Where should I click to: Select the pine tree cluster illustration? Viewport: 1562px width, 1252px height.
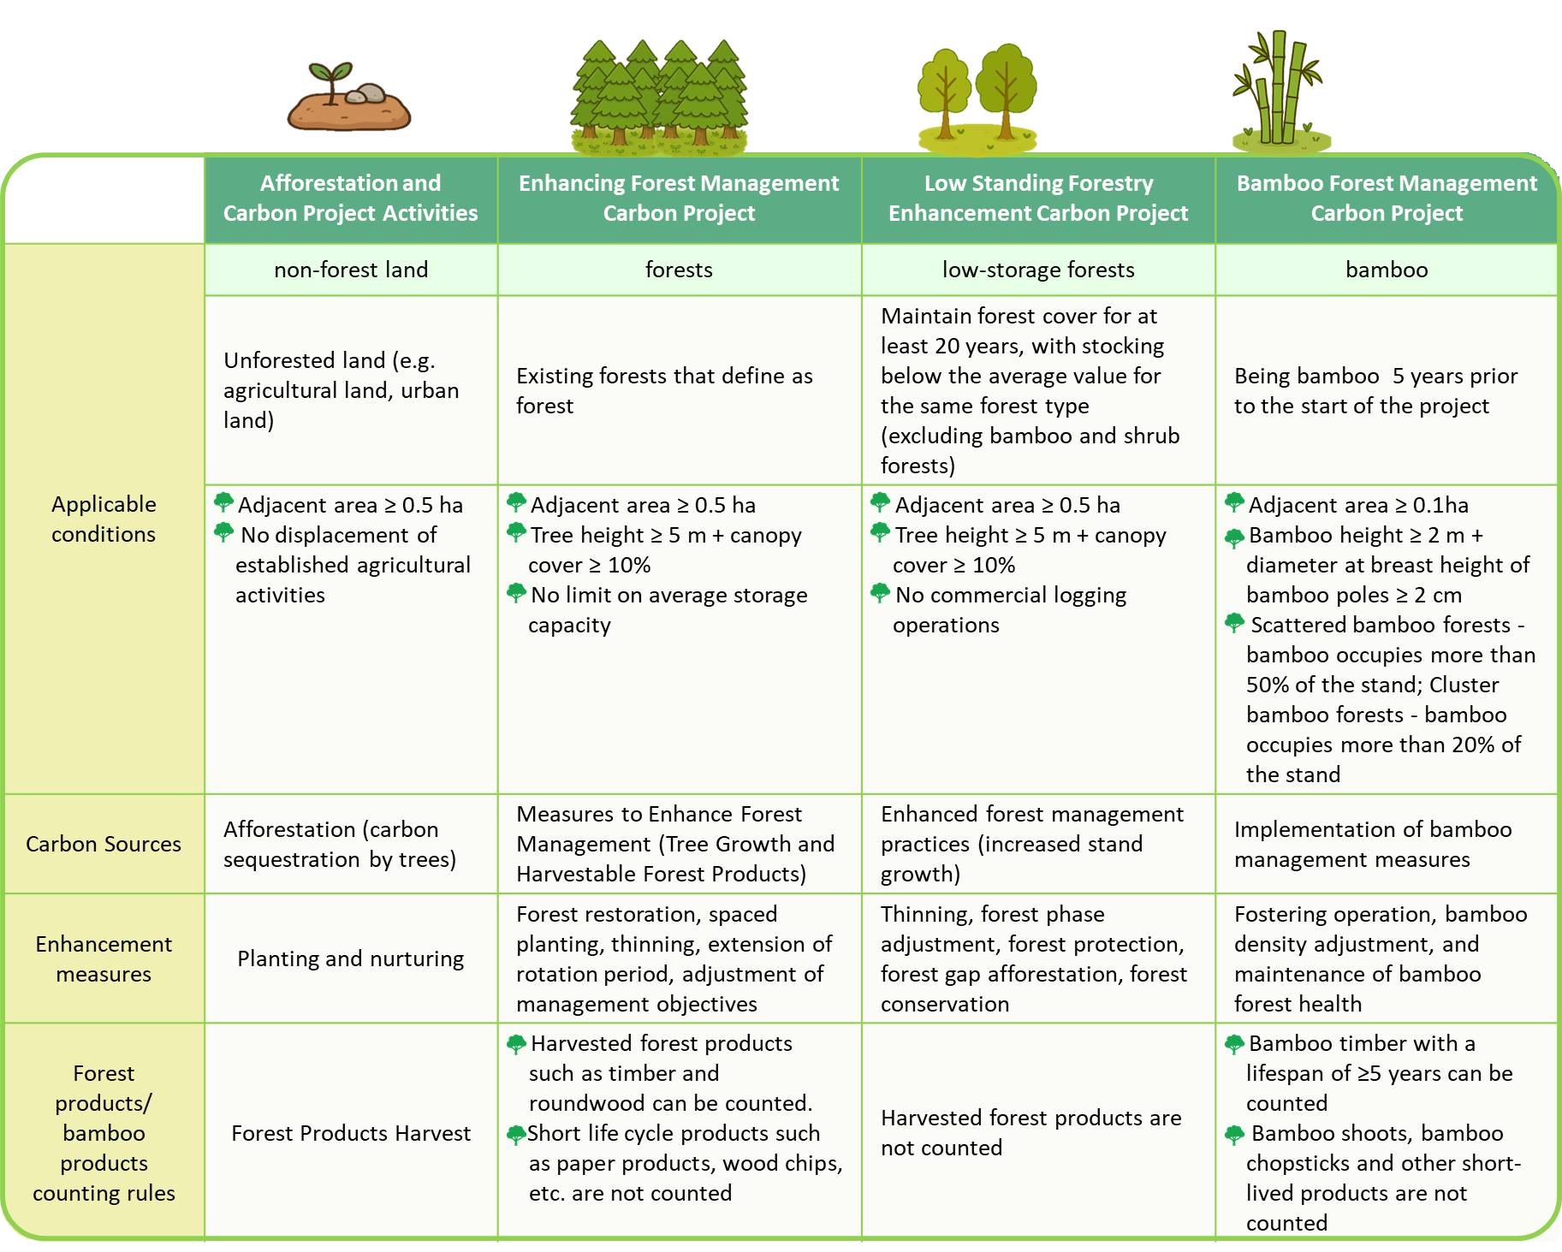659,94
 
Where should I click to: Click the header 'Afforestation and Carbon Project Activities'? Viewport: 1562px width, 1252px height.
351,199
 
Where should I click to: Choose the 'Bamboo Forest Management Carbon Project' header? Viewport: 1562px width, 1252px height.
1387,199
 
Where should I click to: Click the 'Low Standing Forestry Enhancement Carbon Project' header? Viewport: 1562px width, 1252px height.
1038,199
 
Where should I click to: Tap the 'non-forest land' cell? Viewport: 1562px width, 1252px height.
351,270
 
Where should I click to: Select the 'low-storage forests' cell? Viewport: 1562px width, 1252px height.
1038,270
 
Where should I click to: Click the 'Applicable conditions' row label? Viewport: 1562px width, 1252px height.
104,519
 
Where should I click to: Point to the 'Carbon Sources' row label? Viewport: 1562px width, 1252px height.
104,845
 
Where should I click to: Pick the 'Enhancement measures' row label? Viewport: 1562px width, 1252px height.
104,959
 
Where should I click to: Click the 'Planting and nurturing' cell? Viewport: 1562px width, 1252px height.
351,959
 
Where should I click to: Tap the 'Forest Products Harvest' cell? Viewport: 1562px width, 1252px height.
351,1134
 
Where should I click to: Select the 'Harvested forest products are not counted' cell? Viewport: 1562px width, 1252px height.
1031,1133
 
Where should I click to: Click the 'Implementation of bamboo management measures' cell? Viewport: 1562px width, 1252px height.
1373,845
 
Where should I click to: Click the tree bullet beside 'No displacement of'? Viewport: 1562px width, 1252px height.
224,532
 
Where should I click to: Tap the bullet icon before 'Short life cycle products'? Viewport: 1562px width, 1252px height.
516,1135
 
